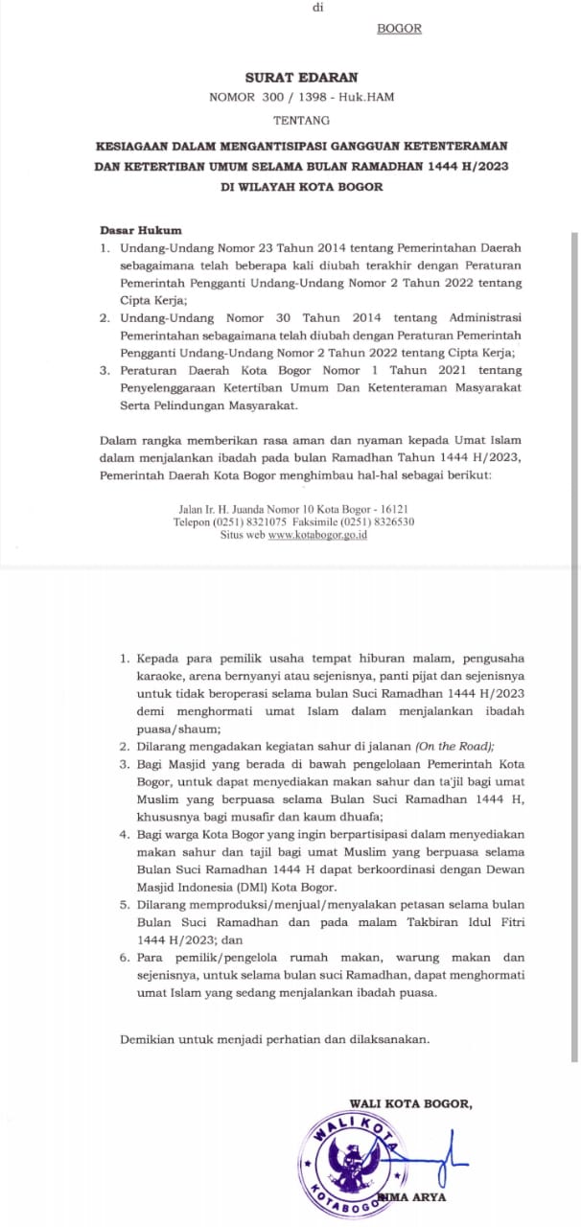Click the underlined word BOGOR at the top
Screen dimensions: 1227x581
pyautogui.click(x=399, y=29)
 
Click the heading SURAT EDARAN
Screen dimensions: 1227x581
pyautogui.click(x=301, y=77)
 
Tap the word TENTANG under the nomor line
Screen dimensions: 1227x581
pyautogui.click(x=301, y=120)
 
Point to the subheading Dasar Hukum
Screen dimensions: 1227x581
pyautogui.click(x=141, y=230)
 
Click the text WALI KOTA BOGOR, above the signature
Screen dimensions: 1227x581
pyautogui.click(x=410, y=1103)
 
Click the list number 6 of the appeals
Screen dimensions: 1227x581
pyautogui.click(x=124, y=958)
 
